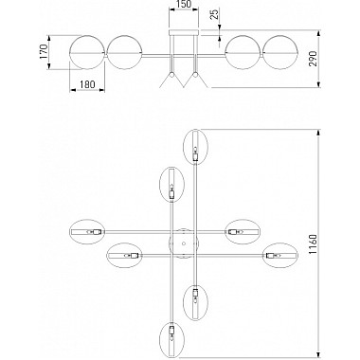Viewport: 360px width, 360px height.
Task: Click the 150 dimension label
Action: pos(184,4)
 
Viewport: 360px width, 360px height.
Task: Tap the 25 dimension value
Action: pos(214,14)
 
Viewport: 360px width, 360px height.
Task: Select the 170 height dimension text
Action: pos(44,51)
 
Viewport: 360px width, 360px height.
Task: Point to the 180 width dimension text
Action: pos(87,84)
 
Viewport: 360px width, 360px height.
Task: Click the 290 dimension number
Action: pos(313,59)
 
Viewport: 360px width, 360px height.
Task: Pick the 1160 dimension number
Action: pos(313,244)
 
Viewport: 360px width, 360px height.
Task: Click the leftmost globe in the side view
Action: pos(87,52)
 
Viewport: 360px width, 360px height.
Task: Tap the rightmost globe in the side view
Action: pos(280,52)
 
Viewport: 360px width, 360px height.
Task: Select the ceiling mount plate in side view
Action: pos(184,33)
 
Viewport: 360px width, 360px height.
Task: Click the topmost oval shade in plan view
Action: pos(196,147)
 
